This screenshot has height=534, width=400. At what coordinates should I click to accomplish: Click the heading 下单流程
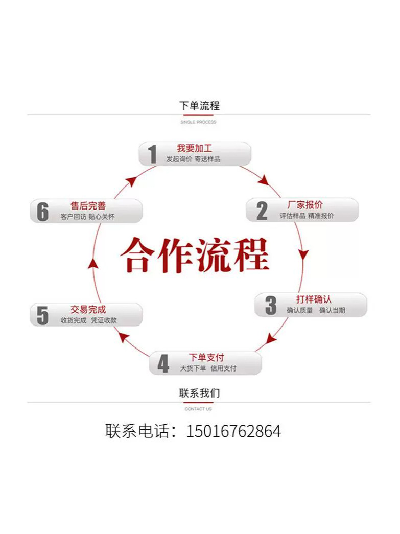[199, 106]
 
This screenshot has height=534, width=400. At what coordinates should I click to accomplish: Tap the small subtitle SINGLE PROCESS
[198, 122]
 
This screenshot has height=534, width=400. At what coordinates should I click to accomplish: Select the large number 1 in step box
[152, 154]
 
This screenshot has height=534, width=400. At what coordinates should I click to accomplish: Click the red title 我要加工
[194, 148]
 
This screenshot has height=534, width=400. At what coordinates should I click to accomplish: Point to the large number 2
[262, 211]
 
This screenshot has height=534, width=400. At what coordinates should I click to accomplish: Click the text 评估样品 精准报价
[307, 216]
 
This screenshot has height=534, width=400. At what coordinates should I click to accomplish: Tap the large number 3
[270, 305]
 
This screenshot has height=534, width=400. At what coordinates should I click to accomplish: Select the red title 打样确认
[314, 299]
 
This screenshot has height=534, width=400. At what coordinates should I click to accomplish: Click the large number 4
[163, 364]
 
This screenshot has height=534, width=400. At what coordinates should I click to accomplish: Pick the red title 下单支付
[206, 358]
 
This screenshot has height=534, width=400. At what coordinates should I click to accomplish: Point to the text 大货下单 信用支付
[208, 368]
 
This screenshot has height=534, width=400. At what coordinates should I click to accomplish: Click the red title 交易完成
[88, 310]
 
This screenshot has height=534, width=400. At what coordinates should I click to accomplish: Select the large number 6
[42, 212]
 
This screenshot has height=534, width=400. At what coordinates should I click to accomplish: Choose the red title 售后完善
[88, 206]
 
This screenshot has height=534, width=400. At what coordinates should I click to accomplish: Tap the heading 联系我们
[199, 393]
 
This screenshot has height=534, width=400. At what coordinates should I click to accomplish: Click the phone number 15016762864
[233, 431]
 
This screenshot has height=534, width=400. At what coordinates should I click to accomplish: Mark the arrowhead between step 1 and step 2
[264, 180]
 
